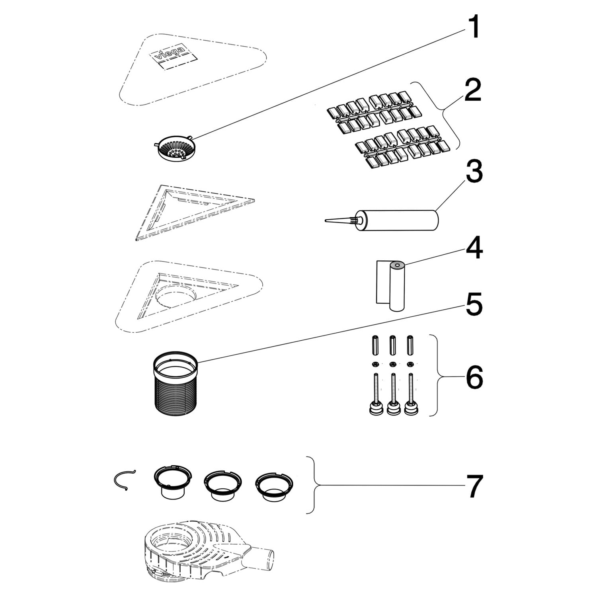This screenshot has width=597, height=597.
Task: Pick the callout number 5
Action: tap(474, 304)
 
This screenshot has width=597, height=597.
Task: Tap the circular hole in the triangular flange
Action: tap(176, 294)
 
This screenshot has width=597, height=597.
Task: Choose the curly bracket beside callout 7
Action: tap(314, 485)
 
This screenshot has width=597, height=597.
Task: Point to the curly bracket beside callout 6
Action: tap(437, 375)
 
